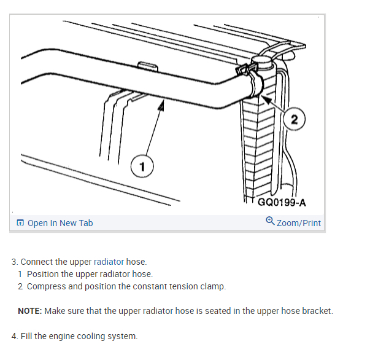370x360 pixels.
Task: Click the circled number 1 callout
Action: coord(142,166)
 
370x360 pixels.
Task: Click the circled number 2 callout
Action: coord(295,119)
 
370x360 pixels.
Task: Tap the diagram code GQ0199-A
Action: coord(282,203)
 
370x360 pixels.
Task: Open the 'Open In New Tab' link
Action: coord(60,223)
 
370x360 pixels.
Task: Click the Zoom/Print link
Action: coord(299,223)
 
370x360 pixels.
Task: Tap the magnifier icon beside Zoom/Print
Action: coord(271,222)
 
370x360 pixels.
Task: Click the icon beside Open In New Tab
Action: coord(21,223)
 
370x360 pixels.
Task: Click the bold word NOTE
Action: coord(29,311)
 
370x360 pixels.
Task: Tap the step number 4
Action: coord(14,336)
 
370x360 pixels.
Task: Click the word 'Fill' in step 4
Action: coord(29,336)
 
